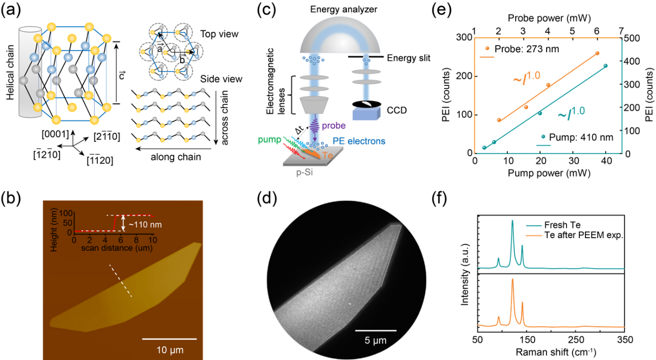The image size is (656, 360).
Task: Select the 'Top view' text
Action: [219, 35]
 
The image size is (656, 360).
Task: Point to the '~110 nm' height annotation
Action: [146, 224]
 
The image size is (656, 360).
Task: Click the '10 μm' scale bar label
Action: [169, 350]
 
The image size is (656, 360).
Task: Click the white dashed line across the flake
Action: [121, 281]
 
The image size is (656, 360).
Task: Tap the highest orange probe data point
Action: [597, 53]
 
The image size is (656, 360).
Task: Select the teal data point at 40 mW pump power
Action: [605, 66]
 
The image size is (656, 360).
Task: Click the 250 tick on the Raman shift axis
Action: [575, 340]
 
